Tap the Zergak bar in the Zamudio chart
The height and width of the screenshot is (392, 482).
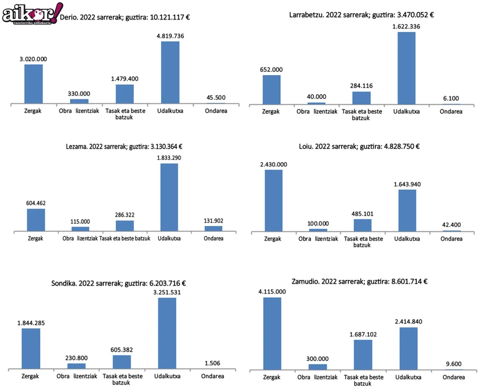point(272,333)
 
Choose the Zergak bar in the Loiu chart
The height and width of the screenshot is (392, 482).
point(273,200)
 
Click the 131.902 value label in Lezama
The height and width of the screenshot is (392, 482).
point(213,220)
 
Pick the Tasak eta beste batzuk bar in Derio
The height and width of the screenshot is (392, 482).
point(125,93)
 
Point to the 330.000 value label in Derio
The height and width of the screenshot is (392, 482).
point(79,94)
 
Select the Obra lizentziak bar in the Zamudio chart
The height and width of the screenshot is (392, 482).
point(318,366)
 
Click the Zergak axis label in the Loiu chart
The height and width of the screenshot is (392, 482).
point(273,238)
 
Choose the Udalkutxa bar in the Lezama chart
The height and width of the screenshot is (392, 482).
point(169,197)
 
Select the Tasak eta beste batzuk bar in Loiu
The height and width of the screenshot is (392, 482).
point(362,225)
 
